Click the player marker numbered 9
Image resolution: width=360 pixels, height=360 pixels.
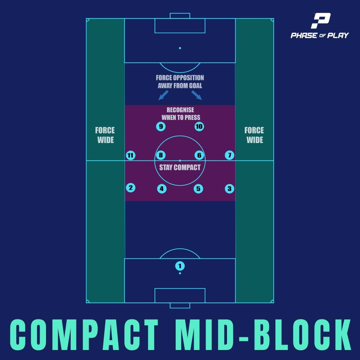click(161, 127)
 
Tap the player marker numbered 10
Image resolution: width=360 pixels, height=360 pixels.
click(199, 127)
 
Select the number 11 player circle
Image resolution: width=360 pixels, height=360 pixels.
click(130, 155)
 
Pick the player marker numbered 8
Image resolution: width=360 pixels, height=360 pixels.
click(161, 155)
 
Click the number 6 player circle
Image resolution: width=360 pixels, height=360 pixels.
click(199, 155)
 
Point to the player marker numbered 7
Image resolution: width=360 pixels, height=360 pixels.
click(229, 155)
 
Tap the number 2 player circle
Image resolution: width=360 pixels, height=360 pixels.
click(130, 188)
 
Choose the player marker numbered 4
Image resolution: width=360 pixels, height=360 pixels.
click(162, 189)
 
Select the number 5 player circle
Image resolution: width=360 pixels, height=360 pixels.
click(198, 189)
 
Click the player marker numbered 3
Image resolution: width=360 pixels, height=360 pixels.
click(229, 189)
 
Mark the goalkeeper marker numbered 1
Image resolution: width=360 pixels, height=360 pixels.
click(180, 266)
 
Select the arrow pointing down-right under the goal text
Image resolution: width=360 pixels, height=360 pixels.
click(197, 95)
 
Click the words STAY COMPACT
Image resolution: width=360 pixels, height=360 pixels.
click(180, 168)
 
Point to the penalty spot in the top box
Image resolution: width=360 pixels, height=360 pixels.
click(180, 48)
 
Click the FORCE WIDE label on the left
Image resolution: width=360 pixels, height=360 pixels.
click(105, 135)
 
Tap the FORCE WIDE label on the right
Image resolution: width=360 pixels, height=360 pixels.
click(254, 135)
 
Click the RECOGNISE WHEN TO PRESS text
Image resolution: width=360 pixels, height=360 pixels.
click(181, 114)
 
